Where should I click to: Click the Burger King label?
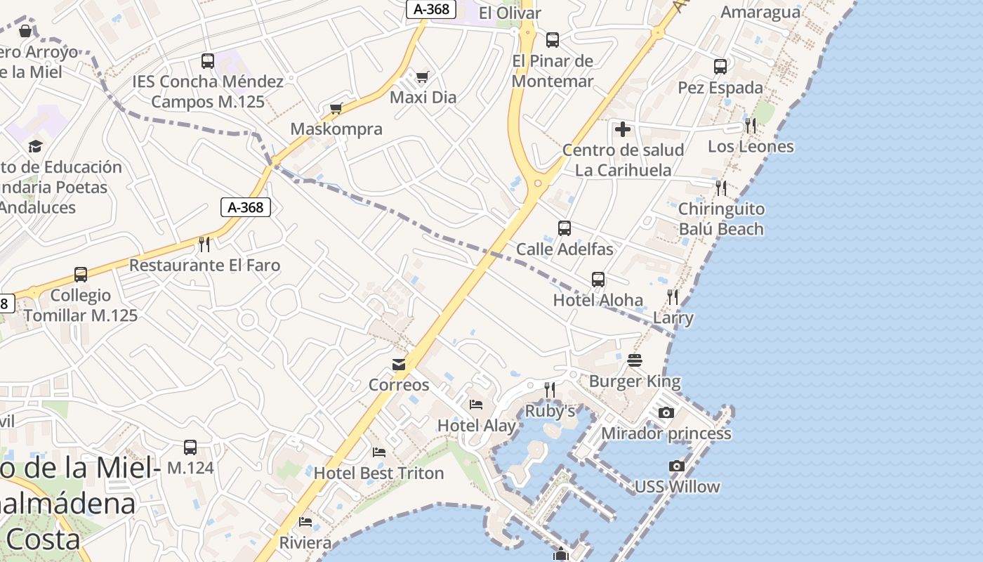(x=635, y=381)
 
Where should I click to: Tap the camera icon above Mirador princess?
(x=666, y=412)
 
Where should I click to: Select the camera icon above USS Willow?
(x=676, y=466)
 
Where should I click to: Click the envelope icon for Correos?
(x=399, y=365)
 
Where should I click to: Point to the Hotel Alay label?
(x=476, y=426)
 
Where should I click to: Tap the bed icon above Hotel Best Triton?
(x=379, y=452)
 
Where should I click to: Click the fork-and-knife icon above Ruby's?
(x=550, y=389)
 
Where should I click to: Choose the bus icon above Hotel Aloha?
(x=598, y=280)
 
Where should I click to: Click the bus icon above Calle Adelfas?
(x=565, y=228)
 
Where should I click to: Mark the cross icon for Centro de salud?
(x=622, y=129)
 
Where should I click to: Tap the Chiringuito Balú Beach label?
(x=721, y=218)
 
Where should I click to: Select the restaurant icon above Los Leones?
(x=751, y=126)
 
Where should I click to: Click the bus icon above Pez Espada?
(x=720, y=67)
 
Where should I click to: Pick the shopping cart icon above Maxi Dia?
(x=422, y=77)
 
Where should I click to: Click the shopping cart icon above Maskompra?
(x=336, y=108)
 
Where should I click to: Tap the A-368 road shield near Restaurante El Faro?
(x=246, y=207)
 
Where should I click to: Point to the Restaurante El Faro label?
(x=204, y=266)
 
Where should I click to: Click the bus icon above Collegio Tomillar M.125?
(x=81, y=275)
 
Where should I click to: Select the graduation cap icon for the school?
(x=35, y=146)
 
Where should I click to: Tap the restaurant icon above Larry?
(x=673, y=297)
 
